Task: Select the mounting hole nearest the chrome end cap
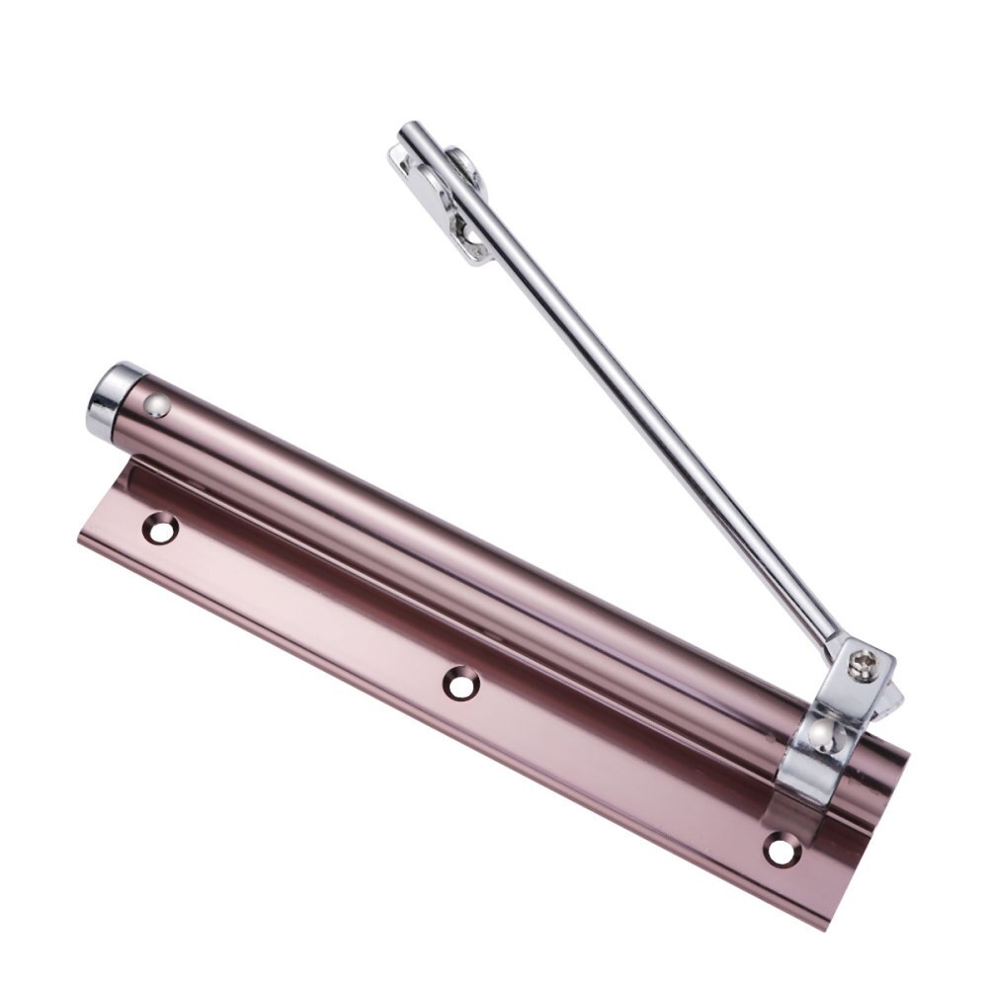(158, 529)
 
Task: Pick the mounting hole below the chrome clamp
(782, 848)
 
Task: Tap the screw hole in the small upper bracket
(461, 229)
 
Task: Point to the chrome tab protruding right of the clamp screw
(894, 697)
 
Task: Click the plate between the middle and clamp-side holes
(622, 766)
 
